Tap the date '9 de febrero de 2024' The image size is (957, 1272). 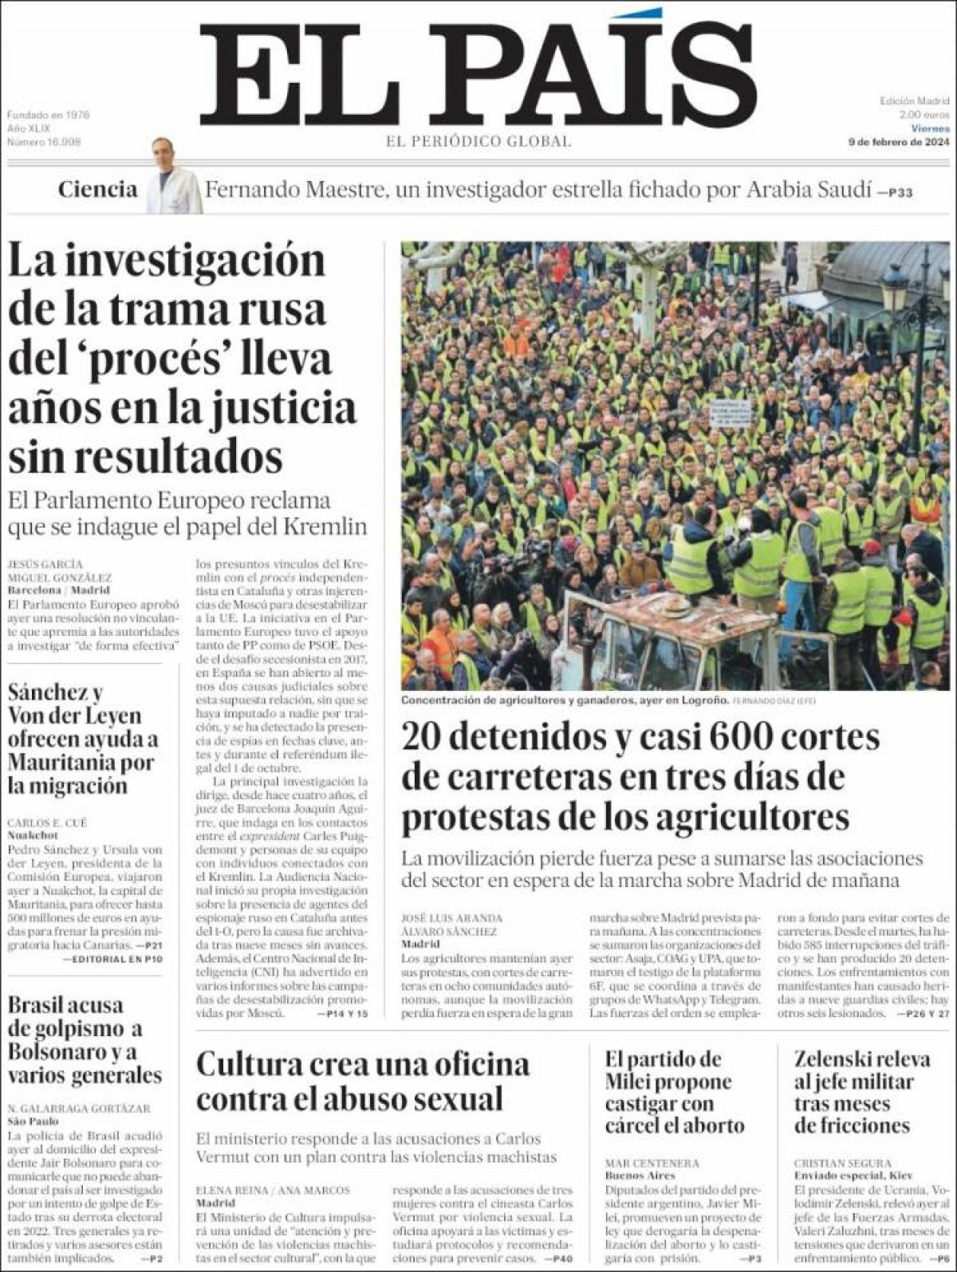898,142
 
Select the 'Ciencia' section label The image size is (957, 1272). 97,190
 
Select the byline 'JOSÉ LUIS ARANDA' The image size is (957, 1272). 452,917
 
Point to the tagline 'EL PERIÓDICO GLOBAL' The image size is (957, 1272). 478,142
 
